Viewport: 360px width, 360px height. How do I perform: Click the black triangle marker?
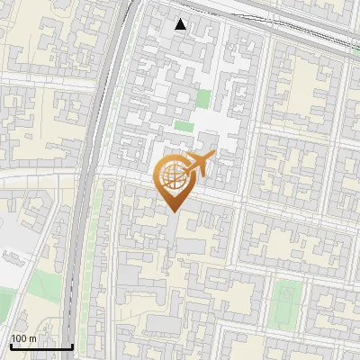(x=181, y=24)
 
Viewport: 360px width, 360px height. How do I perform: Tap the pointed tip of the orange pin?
(x=174, y=211)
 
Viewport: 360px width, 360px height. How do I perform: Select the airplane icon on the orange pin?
(x=199, y=165)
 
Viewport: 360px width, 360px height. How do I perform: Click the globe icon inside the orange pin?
(x=173, y=176)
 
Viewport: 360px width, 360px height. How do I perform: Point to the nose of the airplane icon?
(x=213, y=156)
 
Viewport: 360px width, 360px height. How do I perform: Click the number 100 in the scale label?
(x=19, y=339)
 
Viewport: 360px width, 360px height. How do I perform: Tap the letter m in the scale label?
(x=33, y=339)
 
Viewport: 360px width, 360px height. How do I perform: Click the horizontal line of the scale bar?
(x=41, y=347)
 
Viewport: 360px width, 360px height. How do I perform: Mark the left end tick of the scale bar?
(x=11, y=345)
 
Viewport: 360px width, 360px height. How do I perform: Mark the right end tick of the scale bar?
(x=72, y=345)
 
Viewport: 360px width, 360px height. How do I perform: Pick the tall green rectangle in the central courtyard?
(x=203, y=99)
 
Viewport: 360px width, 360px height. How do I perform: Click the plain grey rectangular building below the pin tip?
(x=190, y=245)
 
